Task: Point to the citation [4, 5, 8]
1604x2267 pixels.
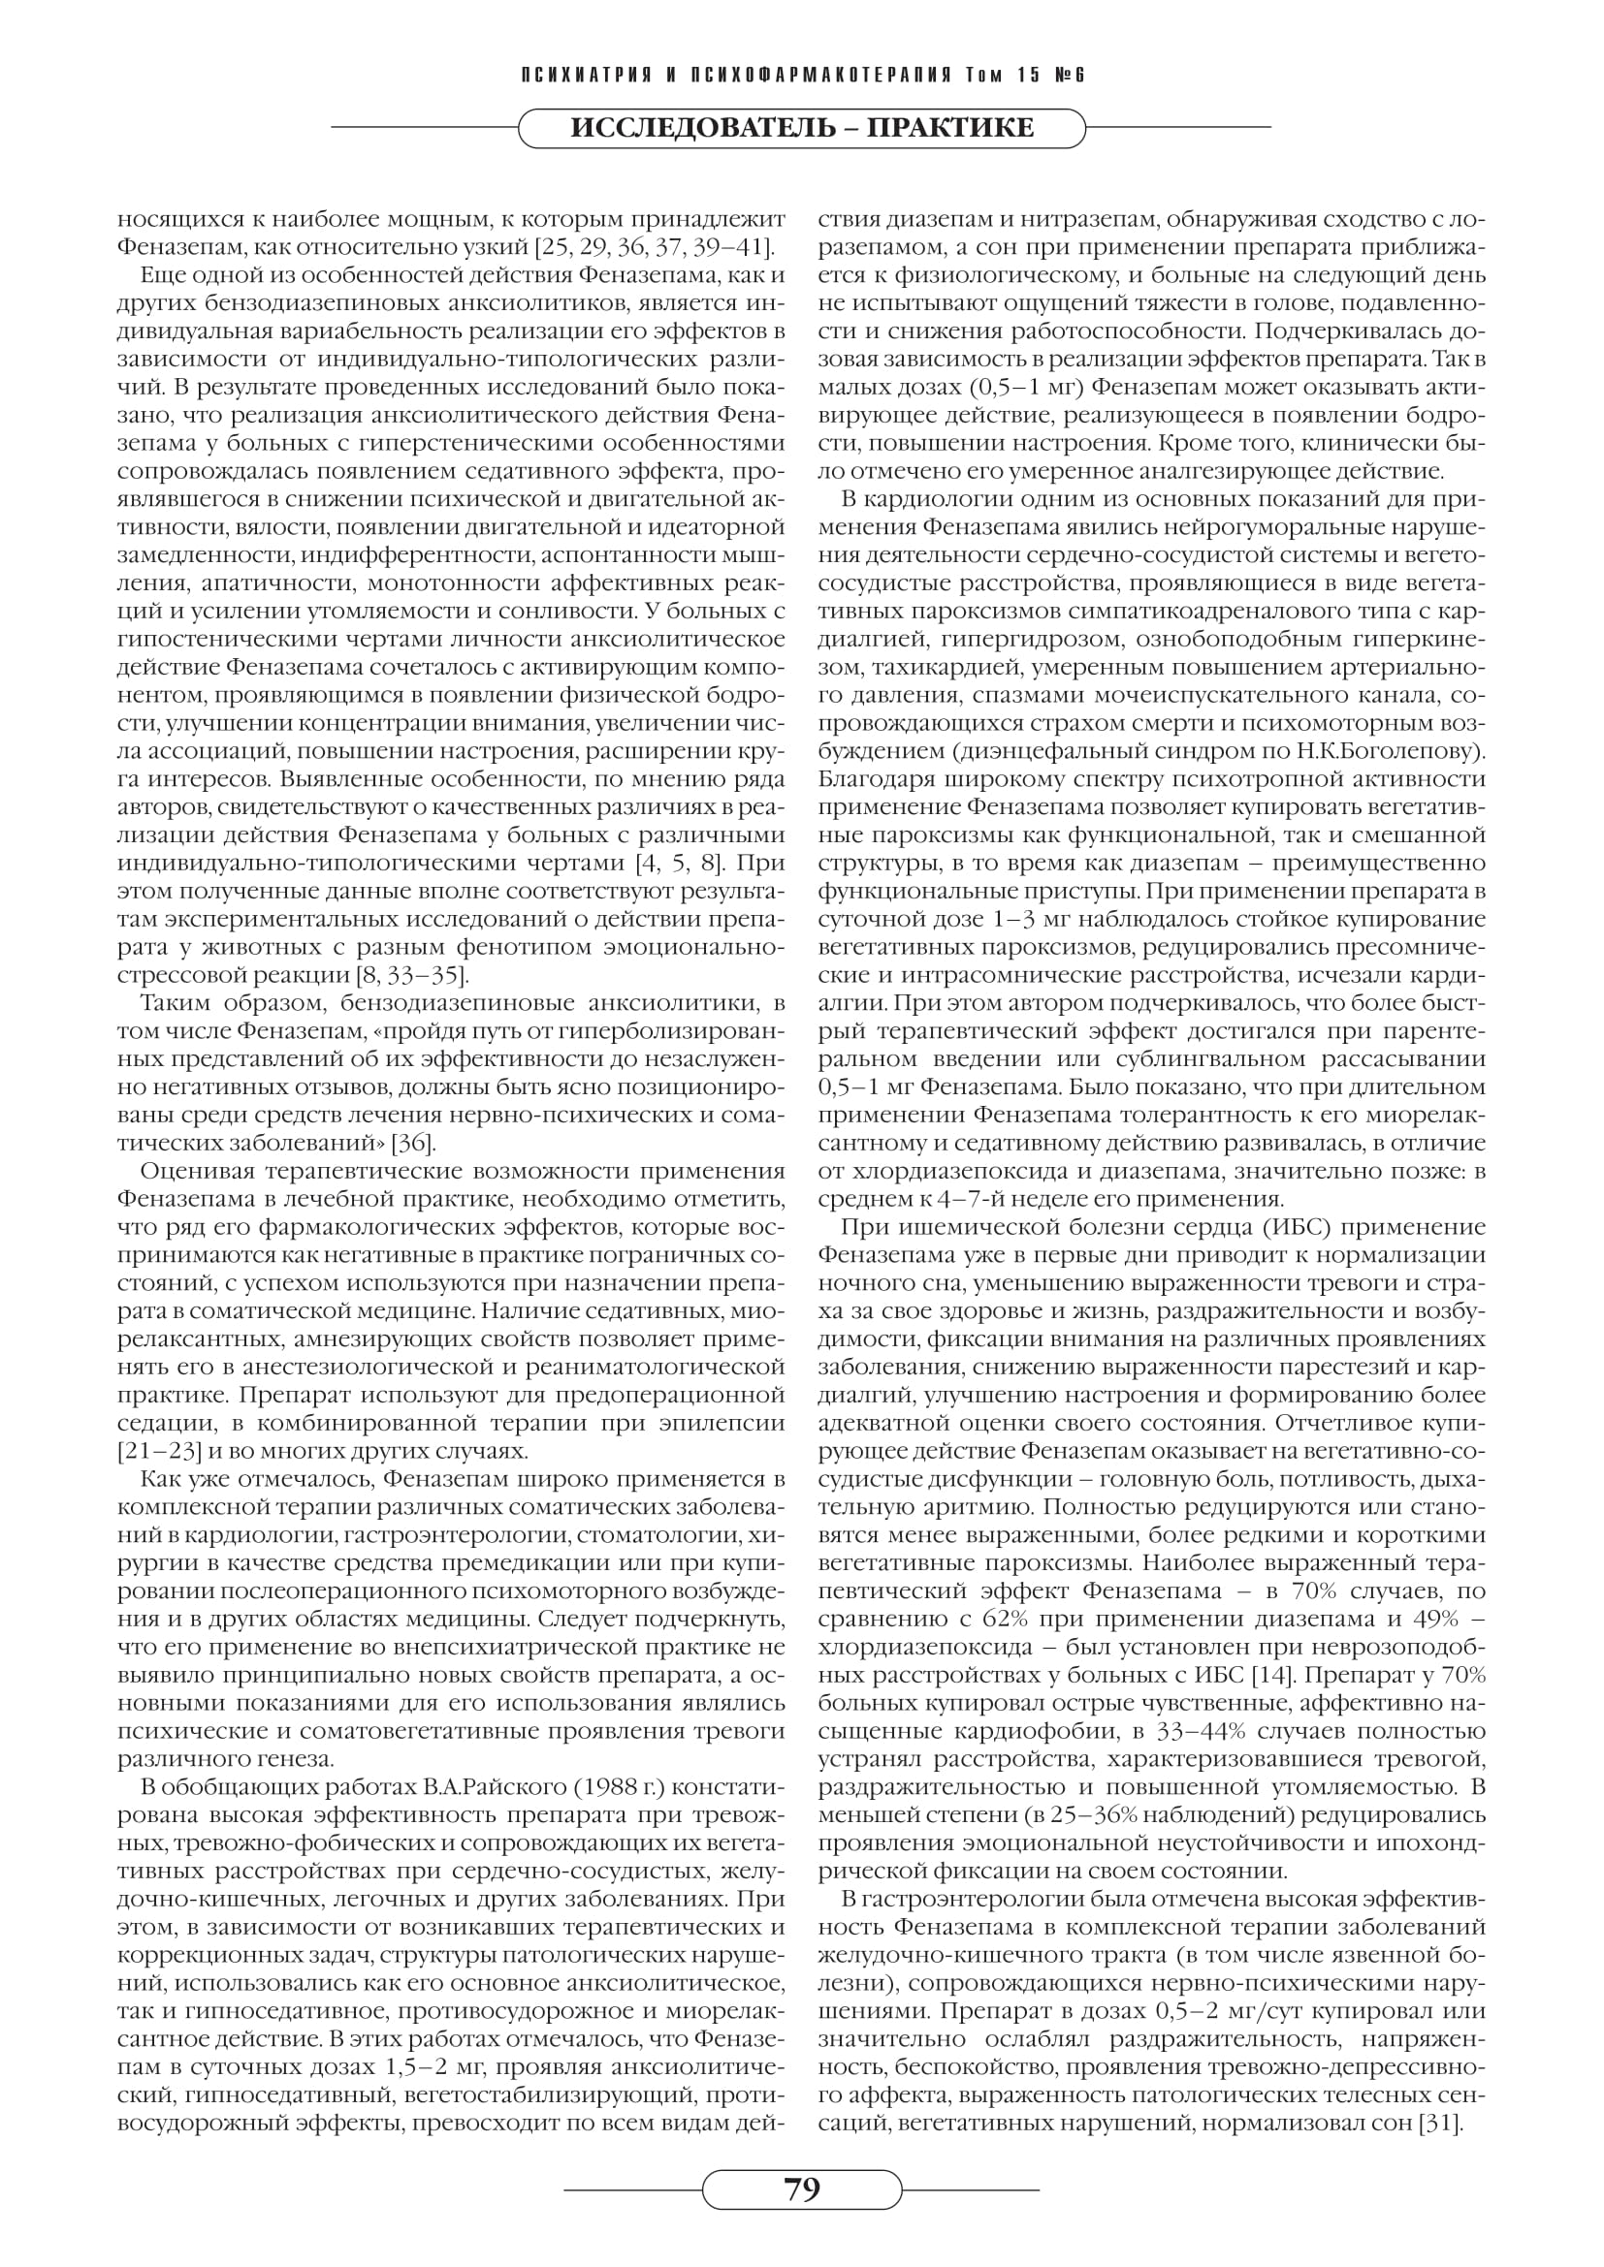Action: (681, 864)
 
